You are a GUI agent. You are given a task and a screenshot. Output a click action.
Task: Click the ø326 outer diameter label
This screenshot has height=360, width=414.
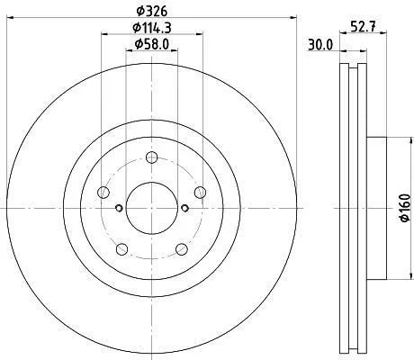point(151,11)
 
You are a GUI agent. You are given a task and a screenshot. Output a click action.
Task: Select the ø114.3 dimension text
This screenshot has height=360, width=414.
point(152,28)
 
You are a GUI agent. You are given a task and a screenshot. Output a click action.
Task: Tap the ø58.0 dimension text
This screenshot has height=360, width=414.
point(152,44)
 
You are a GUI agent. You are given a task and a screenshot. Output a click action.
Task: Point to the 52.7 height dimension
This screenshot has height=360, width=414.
point(363,27)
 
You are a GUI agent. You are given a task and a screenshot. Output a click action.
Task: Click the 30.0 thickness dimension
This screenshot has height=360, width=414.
point(320,45)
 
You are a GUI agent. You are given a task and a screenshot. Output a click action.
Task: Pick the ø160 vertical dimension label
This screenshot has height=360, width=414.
point(405,208)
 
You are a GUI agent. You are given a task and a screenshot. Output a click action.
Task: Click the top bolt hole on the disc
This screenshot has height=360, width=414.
point(152,157)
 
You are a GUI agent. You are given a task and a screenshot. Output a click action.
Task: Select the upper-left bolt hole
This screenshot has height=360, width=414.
point(103,193)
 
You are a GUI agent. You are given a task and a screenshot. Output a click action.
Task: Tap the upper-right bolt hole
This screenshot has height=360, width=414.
point(200,193)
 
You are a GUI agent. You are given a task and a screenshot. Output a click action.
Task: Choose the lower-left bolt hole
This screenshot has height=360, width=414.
point(121,249)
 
